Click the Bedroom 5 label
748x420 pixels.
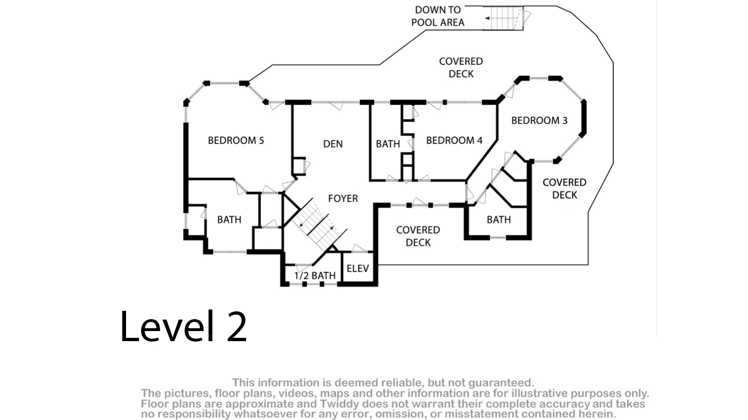(x=236, y=140)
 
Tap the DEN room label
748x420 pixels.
(x=333, y=144)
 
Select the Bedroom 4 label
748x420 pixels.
(x=454, y=140)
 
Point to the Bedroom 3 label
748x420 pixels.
(x=539, y=121)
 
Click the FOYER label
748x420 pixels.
(x=343, y=199)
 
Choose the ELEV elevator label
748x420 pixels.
(x=357, y=268)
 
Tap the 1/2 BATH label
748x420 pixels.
(x=315, y=276)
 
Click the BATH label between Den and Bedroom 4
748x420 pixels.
(x=388, y=144)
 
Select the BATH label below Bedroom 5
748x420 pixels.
(x=229, y=220)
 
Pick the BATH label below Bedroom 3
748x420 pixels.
(x=499, y=220)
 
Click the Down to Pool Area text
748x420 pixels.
(x=438, y=16)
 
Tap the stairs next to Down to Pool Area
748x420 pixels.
(x=503, y=18)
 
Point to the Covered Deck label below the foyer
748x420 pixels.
(x=418, y=236)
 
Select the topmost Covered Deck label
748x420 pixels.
(x=461, y=67)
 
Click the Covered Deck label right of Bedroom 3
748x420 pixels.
(x=564, y=188)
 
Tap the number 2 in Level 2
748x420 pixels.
(x=236, y=326)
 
